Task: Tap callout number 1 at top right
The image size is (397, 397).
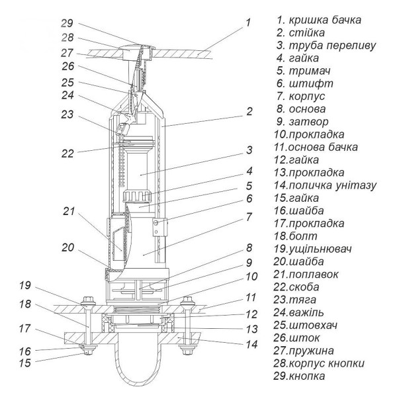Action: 247,22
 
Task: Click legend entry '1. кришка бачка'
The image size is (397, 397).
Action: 320,19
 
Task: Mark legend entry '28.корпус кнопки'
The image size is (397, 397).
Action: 322,363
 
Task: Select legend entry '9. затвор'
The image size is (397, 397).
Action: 308,121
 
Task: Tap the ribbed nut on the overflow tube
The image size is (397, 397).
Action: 140,197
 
